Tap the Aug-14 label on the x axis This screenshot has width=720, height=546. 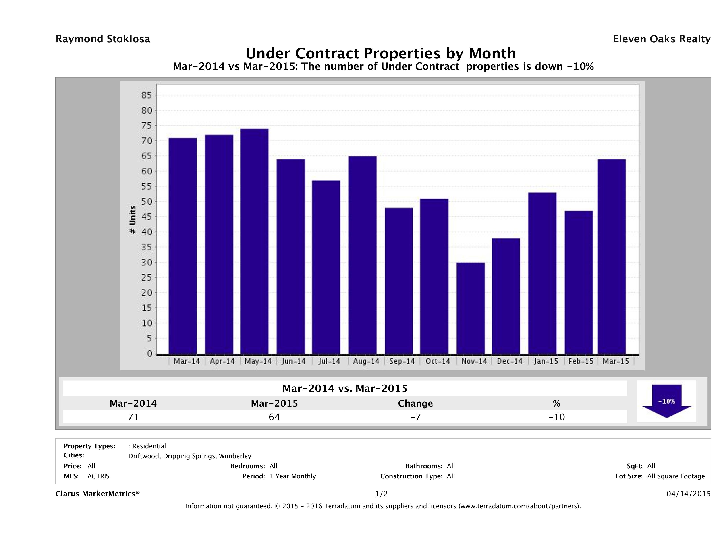pyautogui.click(x=366, y=361)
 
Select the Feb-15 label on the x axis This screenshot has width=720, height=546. pyautogui.click(x=581, y=361)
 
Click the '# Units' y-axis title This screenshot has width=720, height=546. pyautogui.click(x=133, y=220)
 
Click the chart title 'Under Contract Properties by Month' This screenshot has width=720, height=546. pyautogui.click(x=380, y=53)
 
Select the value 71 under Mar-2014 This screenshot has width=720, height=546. pyautogui.click(x=133, y=417)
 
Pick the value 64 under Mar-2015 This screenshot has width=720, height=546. pyautogui.click(x=274, y=417)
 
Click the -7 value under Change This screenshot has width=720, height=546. pyautogui.click(x=415, y=417)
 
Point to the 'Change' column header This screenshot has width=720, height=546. pyautogui.click(x=415, y=403)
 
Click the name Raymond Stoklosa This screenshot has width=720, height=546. pyautogui.click(x=103, y=39)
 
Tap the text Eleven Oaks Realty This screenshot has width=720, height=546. pyautogui.click(x=661, y=39)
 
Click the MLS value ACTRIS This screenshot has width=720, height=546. pyautogui.click(x=98, y=476)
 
